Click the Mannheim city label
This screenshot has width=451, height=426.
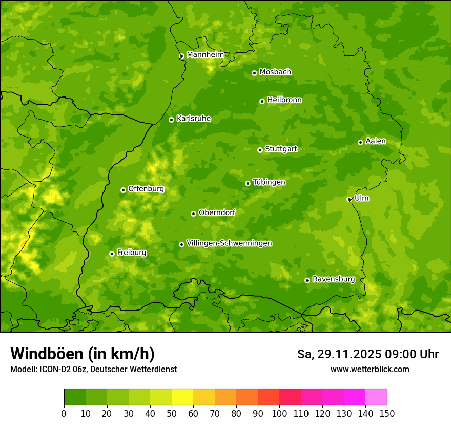[x=205, y=55]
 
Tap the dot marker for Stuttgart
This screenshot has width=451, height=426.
[x=260, y=150]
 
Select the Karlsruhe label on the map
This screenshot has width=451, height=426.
[x=194, y=119]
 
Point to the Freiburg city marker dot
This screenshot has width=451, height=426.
[x=112, y=254]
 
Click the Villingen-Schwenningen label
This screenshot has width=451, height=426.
[x=229, y=243]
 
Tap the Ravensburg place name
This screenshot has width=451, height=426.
[x=334, y=279]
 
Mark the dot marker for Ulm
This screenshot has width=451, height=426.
[x=349, y=199]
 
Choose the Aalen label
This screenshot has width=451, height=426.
[x=376, y=141]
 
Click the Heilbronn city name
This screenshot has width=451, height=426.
[x=284, y=100]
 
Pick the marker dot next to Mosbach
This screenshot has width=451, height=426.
[x=254, y=73]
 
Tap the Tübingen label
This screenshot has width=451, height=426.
[x=269, y=182]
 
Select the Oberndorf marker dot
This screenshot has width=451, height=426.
[x=193, y=214]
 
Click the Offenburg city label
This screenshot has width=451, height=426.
[x=146, y=189]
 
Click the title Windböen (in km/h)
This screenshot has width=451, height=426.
[x=83, y=354]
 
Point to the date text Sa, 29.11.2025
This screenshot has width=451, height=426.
[x=339, y=354]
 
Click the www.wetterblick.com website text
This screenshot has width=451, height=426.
[x=370, y=369]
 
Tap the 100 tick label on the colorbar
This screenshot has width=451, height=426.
[x=279, y=413]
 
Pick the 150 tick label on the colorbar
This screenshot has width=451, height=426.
[x=387, y=413]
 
